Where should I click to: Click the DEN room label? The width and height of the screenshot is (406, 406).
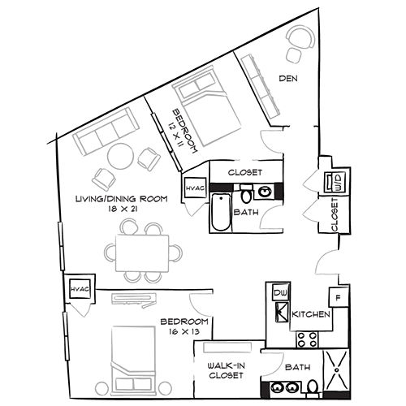point(287,79)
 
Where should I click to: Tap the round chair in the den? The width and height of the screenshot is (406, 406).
point(300,38)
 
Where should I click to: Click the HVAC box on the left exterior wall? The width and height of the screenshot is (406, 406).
point(78,289)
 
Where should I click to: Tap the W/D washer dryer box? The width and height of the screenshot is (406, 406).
point(335,184)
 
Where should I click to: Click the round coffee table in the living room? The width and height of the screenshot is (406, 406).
point(121,154)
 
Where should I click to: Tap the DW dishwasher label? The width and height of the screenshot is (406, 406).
point(280,292)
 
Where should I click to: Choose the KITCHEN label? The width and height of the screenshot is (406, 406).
point(311,313)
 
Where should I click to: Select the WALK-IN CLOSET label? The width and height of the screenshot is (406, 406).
point(227,371)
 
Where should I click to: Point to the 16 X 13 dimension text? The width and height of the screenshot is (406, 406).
point(184,331)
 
